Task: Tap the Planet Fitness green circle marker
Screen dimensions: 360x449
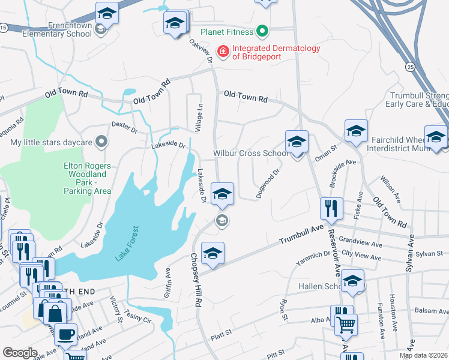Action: (x=262, y=31)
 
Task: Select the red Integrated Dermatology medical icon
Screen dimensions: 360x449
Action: (x=223, y=52)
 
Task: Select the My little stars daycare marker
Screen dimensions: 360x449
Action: (x=101, y=142)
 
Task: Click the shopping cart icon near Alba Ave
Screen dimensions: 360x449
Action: (x=345, y=325)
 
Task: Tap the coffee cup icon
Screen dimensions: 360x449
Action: (x=65, y=334)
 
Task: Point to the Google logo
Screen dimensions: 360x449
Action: (x=20, y=353)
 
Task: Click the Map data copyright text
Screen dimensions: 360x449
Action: (x=424, y=355)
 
